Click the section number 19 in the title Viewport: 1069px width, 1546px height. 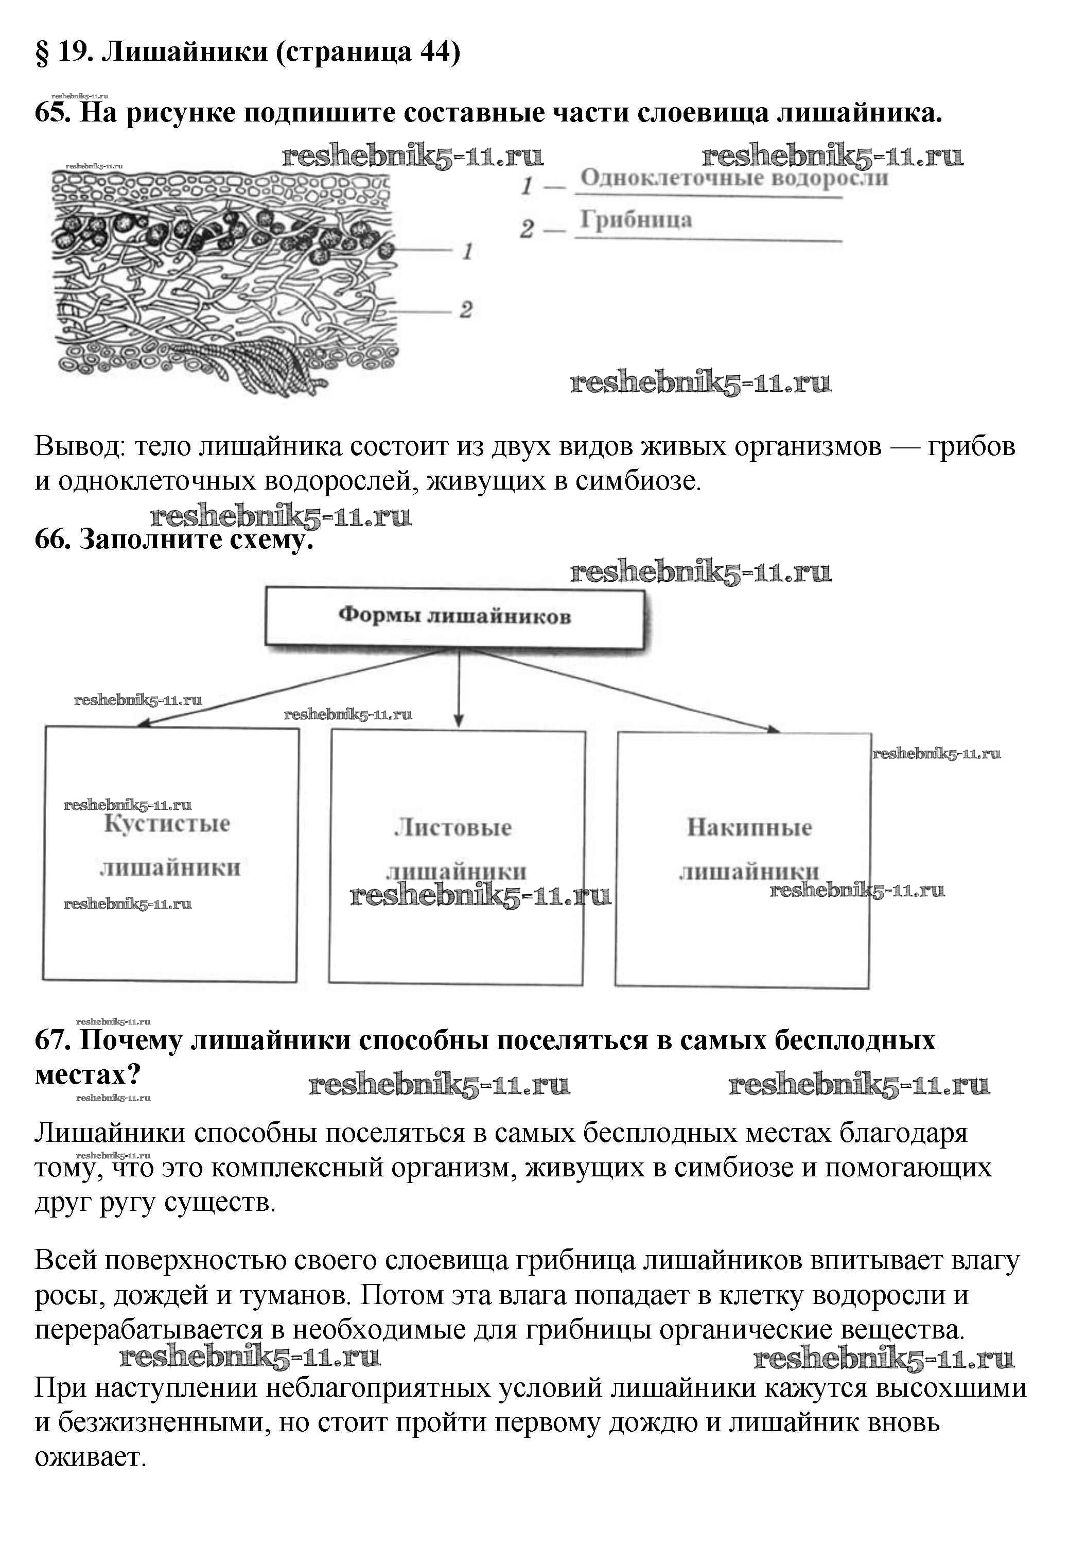point(74,51)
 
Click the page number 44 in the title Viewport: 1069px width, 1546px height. point(435,51)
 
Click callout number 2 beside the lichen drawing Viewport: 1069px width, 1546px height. point(466,310)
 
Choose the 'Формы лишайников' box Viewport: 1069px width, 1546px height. point(455,616)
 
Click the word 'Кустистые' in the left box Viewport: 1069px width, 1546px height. point(167,824)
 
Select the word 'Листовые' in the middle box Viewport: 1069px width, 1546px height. point(453,828)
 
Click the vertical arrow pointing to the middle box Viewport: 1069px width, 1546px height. point(459,690)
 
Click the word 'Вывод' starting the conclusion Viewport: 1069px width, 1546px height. point(79,447)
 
